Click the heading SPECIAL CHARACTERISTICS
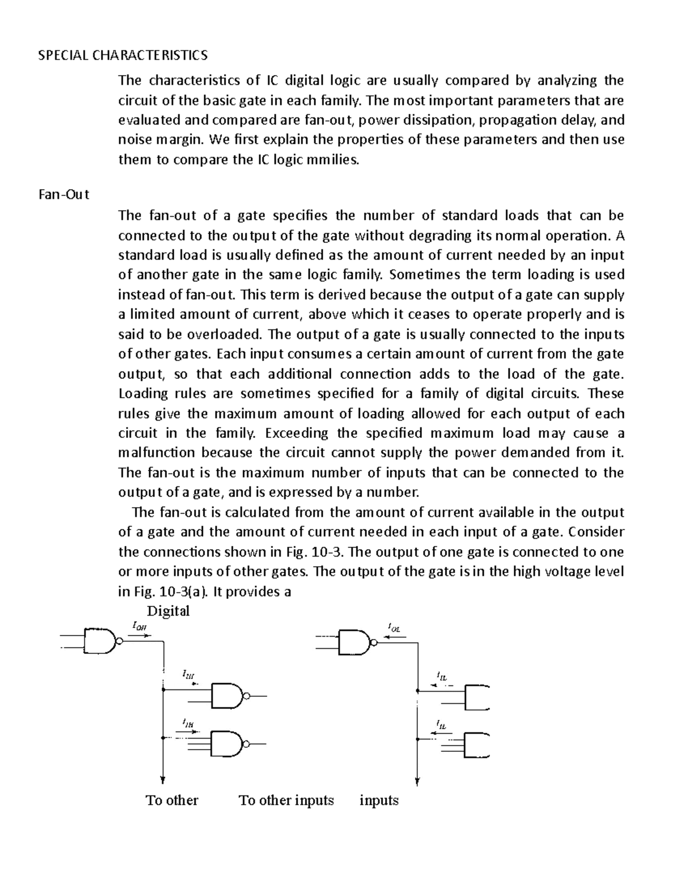[123, 55]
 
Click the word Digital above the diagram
[169, 611]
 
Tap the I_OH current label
[139, 626]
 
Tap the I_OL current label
[394, 628]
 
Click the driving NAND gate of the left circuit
[100, 641]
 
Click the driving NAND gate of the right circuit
[355, 642]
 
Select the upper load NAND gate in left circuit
[228, 696]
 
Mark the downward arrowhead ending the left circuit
[163, 779]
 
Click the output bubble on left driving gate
[119, 641]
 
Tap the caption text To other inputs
[286, 800]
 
